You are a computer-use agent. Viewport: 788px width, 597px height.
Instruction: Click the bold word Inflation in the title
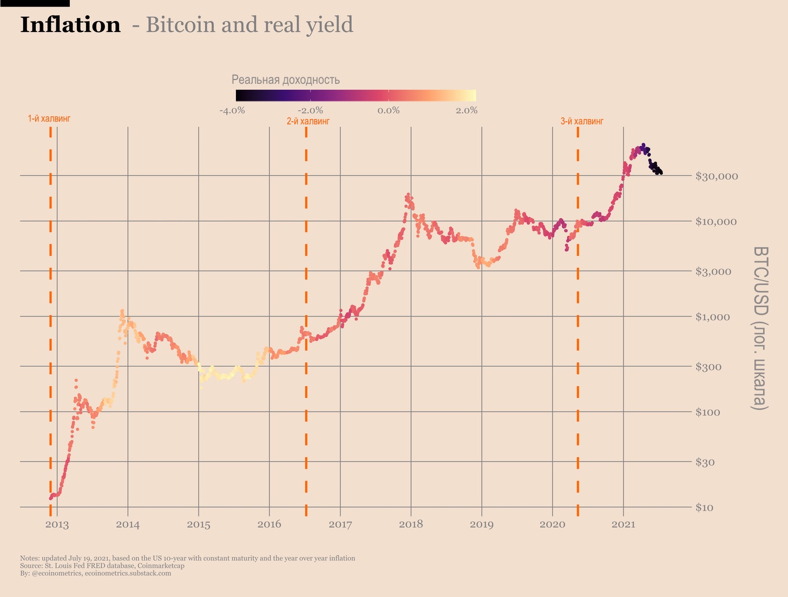[x=70, y=25]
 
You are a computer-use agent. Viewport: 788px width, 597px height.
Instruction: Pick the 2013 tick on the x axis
[x=57, y=525]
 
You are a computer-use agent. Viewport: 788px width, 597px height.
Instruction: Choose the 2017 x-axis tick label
[x=340, y=525]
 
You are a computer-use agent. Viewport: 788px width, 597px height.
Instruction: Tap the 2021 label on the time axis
[x=623, y=525]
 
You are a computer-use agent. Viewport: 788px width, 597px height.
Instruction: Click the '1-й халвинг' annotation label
[x=49, y=118]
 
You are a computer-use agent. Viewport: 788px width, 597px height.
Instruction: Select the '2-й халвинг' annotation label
[x=308, y=121]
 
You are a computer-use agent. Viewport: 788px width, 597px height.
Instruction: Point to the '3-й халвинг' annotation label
[x=582, y=121]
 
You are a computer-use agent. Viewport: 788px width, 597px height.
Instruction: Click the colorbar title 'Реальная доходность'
[x=286, y=80]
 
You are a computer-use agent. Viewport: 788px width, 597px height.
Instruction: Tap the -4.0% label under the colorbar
[x=232, y=111]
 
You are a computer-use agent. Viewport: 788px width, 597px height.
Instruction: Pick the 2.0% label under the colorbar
[x=467, y=111]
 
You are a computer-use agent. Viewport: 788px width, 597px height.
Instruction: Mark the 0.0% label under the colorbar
[x=389, y=111]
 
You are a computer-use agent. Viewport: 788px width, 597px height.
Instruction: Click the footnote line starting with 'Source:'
[x=102, y=566]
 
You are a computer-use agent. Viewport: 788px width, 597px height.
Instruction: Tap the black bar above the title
[x=35, y=3]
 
